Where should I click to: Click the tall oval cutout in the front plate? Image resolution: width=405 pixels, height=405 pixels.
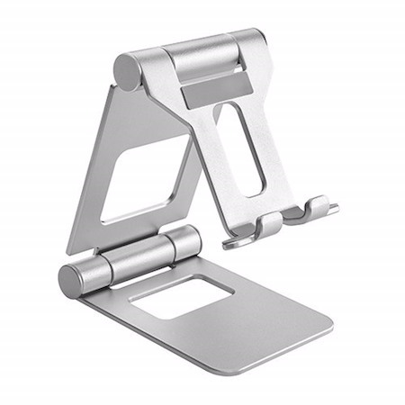[241, 148]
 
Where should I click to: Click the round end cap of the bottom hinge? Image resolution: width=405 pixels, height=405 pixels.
[73, 280]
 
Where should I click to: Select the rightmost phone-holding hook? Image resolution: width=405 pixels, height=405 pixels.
[319, 208]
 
